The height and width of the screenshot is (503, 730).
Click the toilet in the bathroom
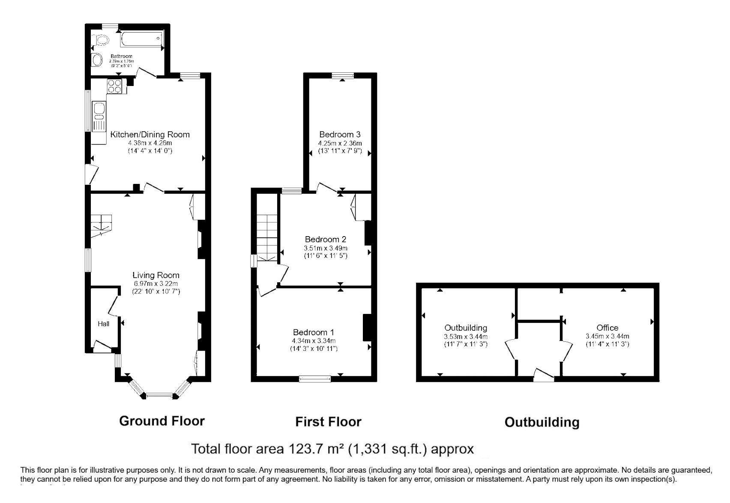click(x=101, y=40)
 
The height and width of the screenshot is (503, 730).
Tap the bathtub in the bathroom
click(x=142, y=39)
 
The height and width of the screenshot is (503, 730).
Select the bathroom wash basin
click(x=97, y=60)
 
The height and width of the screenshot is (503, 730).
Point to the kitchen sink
click(x=99, y=116)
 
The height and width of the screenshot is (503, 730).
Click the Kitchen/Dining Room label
click(x=150, y=134)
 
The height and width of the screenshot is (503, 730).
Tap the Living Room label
click(x=156, y=275)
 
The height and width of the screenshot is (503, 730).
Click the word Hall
click(x=104, y=324)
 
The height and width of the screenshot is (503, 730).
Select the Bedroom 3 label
click(x=340, y=134)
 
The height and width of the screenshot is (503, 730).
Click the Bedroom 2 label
click(x=326, y=240)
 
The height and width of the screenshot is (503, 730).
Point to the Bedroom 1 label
click(x=314, y=332)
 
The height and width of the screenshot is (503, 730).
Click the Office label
click(x=607, y=328)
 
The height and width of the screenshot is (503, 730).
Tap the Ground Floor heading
click(x=162, y=421)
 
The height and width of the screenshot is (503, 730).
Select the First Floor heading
click(x=328, y=422)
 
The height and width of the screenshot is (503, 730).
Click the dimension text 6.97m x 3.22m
click(x=156, y=284)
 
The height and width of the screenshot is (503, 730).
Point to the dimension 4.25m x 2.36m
click(x=340, y=143)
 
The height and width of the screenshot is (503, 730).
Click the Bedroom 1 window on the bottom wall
click(x=315, y=379)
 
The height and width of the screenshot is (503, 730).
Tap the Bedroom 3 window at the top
click(x=343, y=75)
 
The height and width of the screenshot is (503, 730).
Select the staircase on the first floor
click(x=267, y=237)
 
